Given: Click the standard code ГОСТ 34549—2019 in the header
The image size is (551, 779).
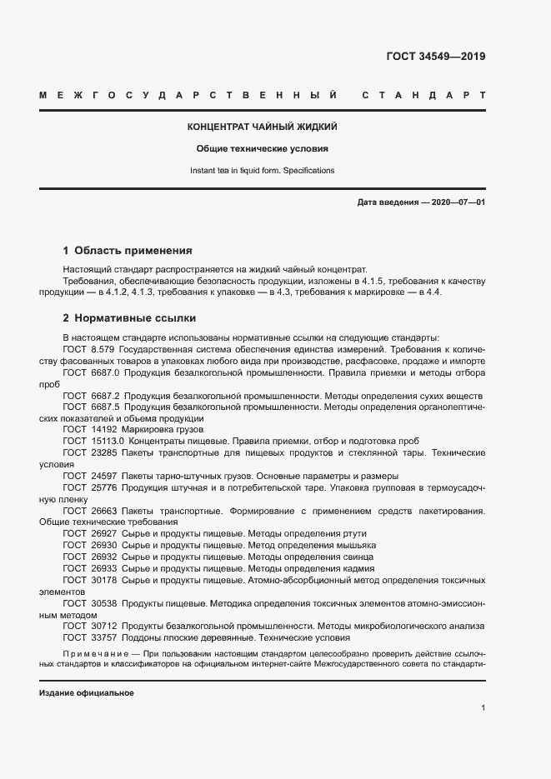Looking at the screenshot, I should coord(435,57).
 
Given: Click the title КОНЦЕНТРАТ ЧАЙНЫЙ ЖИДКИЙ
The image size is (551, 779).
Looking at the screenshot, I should coord(262,127).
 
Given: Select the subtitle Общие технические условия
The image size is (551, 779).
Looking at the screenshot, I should coord(262,149).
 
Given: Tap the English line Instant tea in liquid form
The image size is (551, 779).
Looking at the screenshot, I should coord(262,171).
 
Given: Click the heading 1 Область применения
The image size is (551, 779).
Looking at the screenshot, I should coord(128,250).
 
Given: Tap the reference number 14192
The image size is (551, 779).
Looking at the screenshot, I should coord(103,429).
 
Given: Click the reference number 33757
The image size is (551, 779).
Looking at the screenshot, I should coord(103,637).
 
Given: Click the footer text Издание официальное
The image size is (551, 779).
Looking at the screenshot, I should coord(87,693).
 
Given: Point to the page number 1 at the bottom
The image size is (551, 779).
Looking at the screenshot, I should coord(483,708).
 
